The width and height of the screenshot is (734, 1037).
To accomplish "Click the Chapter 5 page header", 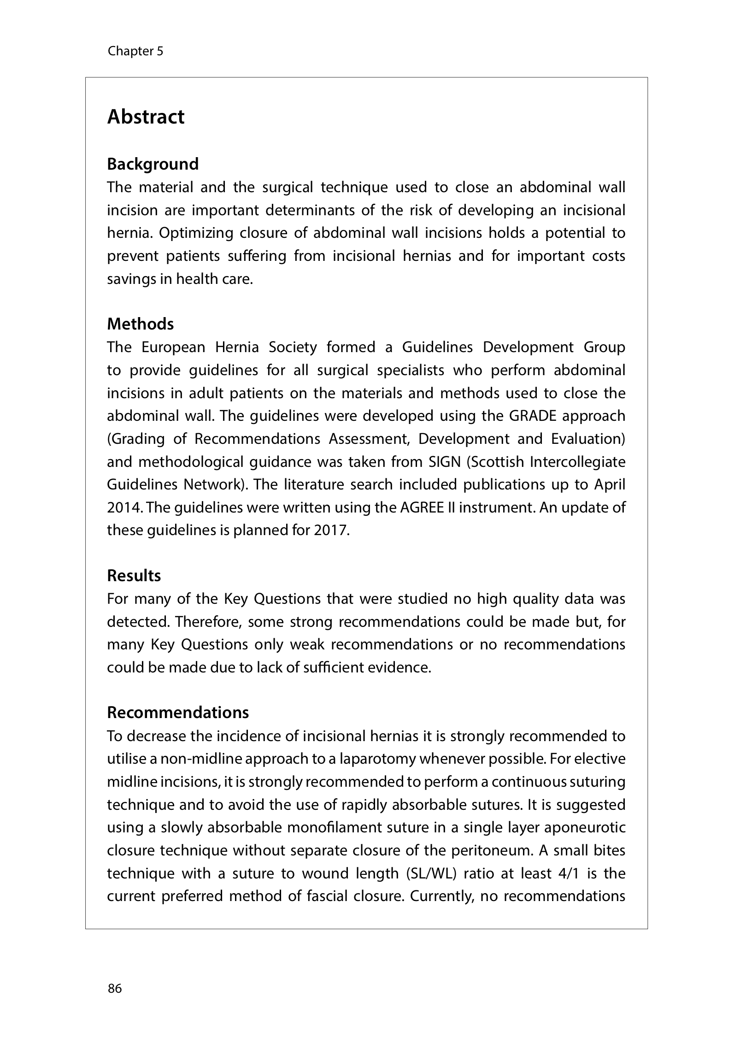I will [x=135, y=51].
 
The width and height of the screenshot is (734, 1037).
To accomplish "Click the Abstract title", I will [x=146, y=117].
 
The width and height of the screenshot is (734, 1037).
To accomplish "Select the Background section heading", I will [x=153, y=164].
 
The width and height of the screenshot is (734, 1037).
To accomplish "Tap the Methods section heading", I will [x=140, y=324].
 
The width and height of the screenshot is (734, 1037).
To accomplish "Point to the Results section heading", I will [x=134, y=576].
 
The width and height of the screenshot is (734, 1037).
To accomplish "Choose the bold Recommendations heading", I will [x=178, y=713].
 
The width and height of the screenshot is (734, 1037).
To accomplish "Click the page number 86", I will [x=115, y=988].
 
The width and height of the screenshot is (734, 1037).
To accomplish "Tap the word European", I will [x=173, y=347].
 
